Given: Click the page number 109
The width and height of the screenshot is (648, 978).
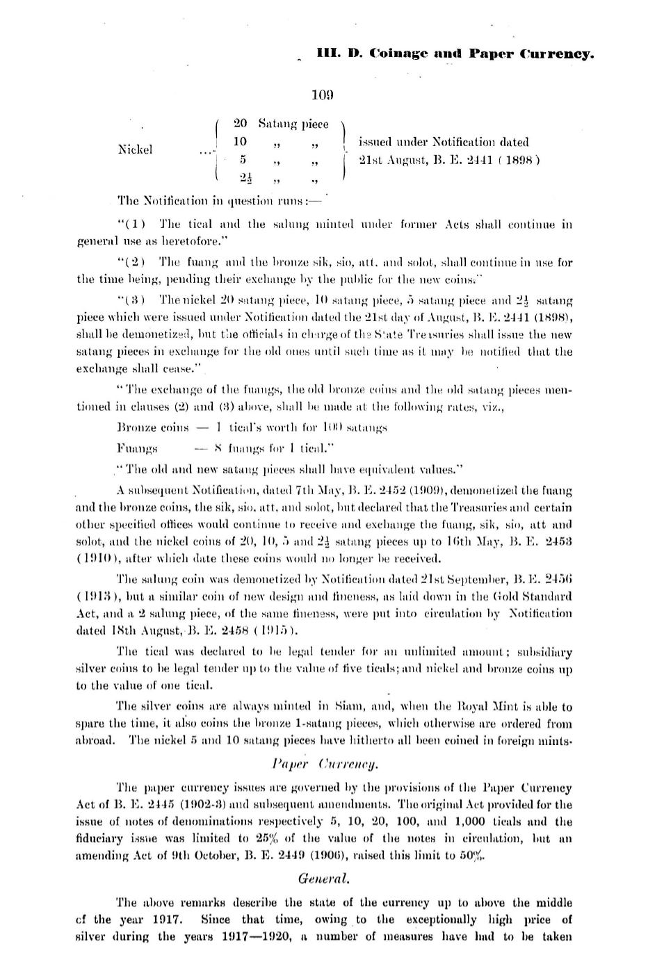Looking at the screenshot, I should [x=323, y=95].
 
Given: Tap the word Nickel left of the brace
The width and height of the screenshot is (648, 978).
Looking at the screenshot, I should [x=136, y=149].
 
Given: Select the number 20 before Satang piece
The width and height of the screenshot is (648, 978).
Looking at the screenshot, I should [x=241, y=124].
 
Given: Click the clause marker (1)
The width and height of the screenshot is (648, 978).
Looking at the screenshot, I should [x=133, y=224].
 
